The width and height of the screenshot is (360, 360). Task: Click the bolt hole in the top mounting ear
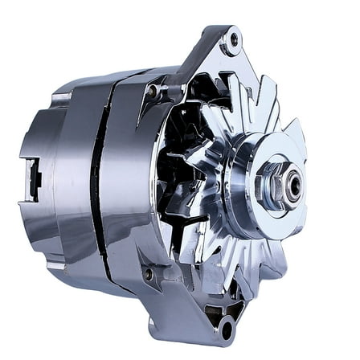pyautogui.click(x=234, y=38)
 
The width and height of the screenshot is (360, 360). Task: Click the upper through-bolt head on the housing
pyautogui.click(x=150, y=92)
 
